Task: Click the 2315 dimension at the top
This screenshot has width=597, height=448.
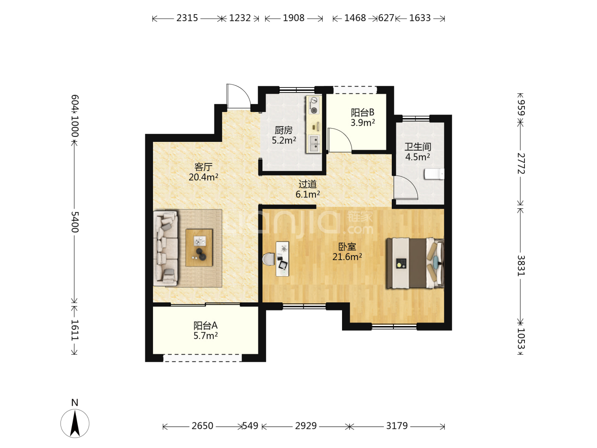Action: [187, 18]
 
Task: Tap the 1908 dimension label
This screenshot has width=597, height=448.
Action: [294, 18]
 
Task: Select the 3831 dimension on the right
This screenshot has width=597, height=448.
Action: [521, 265]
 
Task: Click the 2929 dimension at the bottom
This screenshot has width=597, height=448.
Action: [306, 426]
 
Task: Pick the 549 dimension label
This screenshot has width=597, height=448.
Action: [250, 426]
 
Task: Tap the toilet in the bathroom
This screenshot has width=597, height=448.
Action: [434, 174]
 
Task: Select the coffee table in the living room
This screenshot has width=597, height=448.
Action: [199, 248]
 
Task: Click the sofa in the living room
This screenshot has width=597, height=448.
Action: [166, 248]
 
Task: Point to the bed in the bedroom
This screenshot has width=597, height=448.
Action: [415, 263]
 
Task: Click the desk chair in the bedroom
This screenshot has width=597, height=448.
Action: [269, 259]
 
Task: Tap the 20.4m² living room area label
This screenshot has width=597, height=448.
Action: [203, 177]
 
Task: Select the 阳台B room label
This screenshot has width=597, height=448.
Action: [362, 112]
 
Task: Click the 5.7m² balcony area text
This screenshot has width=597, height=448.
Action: [205, 336]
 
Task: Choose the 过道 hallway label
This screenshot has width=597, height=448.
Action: [308, 184]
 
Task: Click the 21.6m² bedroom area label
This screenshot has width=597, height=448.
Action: [347, 256]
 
